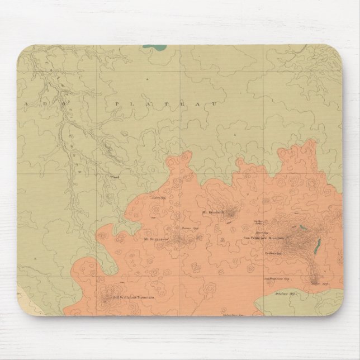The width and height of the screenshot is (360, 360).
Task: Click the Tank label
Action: tap(115, 178)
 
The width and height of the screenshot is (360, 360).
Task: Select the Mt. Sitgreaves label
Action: tap(156, 239)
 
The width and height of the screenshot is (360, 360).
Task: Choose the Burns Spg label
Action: tap(187, 229)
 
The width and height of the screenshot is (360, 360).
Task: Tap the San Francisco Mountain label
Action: tap(264, 239)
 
